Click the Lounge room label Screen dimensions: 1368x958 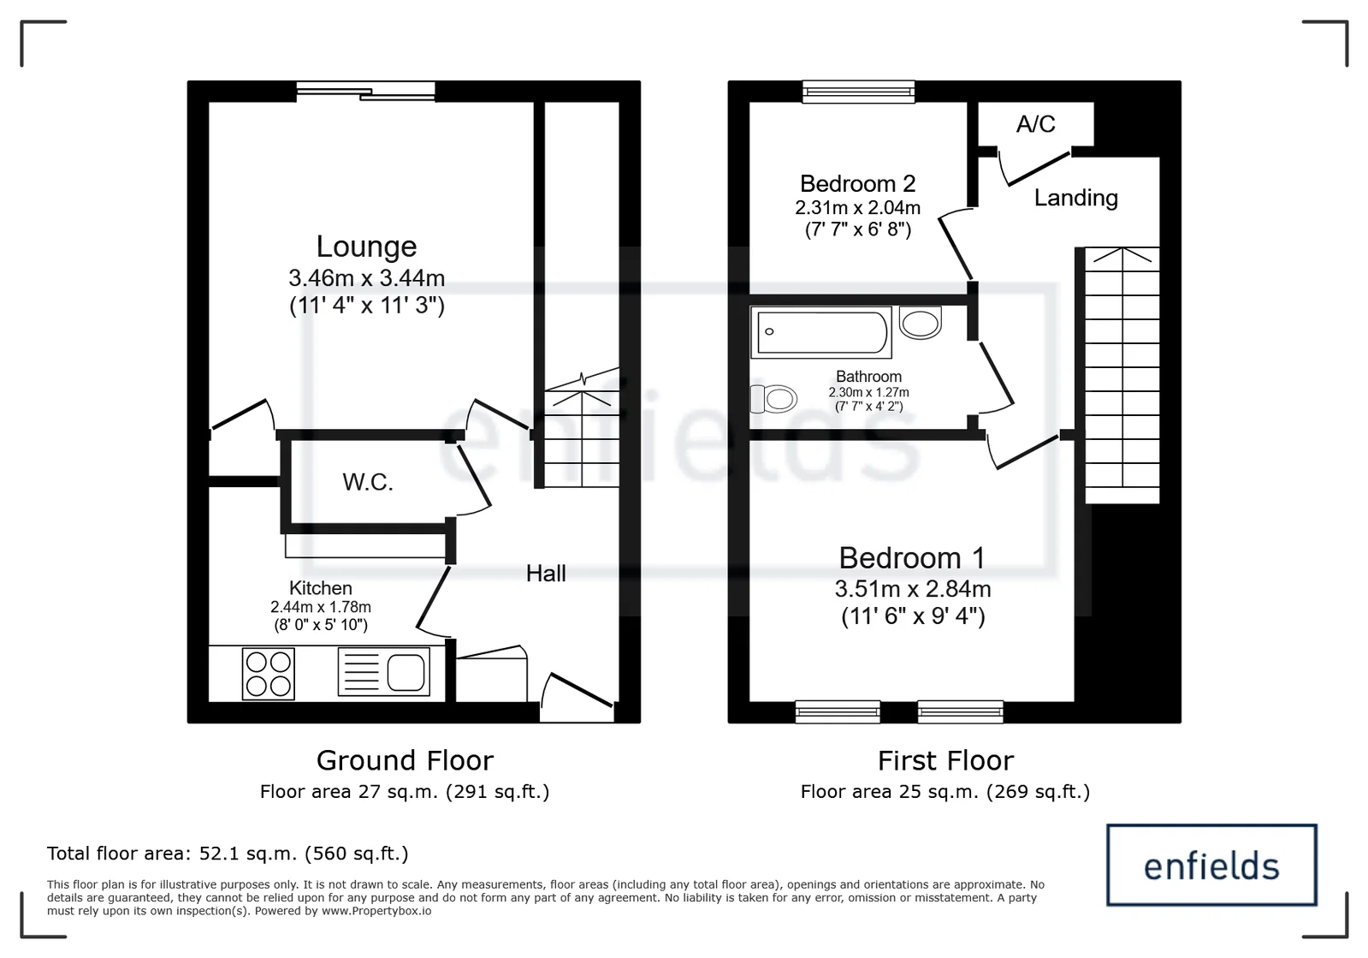coord(366,247)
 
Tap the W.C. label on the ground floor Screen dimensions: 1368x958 coord(368,482)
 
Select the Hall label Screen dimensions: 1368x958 coord(546,573)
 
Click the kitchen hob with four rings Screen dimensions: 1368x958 coord(268,673)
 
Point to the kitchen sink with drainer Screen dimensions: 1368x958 coord(383,671)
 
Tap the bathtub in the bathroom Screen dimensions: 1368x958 coord(820,332)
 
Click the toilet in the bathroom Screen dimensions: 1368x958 coord(773,399)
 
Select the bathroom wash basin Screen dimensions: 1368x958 coord(921,323)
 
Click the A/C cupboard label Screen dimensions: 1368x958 coord(1036,124)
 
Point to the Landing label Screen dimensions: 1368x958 coord(1076,198)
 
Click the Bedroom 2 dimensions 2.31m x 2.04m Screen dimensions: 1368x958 coord(857,208)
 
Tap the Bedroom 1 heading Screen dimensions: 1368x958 coord(912,558)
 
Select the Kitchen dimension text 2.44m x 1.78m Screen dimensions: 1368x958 coord(321,607)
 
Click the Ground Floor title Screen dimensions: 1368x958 coord(405,760)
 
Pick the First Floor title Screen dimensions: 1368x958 coord(945,760)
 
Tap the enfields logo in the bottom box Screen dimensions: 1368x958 coord(1211,866)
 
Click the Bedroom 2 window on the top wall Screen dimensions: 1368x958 coord(858,91)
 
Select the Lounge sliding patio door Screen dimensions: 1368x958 coord(366,91)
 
